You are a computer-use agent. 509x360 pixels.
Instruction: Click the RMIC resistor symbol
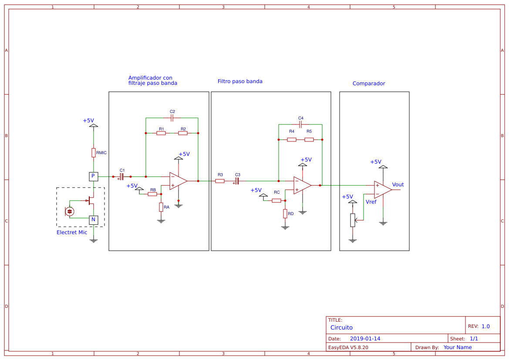tap(93, 152)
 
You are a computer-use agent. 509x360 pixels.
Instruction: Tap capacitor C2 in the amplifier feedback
tap(172, 118)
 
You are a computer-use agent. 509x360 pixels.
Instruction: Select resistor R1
tap(161, 133)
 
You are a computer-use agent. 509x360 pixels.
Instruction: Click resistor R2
tap(183, 133)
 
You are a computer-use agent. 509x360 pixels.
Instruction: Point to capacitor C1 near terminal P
tap(122, 177)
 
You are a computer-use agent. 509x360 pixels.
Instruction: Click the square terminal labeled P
tap(93, 176)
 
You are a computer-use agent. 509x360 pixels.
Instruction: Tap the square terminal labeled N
tap(93, 220)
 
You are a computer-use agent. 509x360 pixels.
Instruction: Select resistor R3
tap(220, 181)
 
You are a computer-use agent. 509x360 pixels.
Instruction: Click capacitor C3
tap(237, 181)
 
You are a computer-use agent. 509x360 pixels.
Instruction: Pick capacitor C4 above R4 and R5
tap(300, 124)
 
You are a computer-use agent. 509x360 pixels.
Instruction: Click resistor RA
tap(161, 207)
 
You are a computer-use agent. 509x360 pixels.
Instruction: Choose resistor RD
tap(285, 214)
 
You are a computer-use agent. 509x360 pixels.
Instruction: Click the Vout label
tap(398, 185)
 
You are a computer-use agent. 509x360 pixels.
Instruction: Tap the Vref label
tap(371, 202)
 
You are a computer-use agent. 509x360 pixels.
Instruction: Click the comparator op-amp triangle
tap(382, 190)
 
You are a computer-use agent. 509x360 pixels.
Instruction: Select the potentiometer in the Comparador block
tap(353, 220)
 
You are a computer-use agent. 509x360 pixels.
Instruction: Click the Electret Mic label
tap(72, 232)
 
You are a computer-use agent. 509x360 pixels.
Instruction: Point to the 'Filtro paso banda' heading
tap(240, 81)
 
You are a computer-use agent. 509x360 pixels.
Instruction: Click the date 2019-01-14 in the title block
tap(365, 339)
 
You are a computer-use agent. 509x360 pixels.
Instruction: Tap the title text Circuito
tap(341, 327)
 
